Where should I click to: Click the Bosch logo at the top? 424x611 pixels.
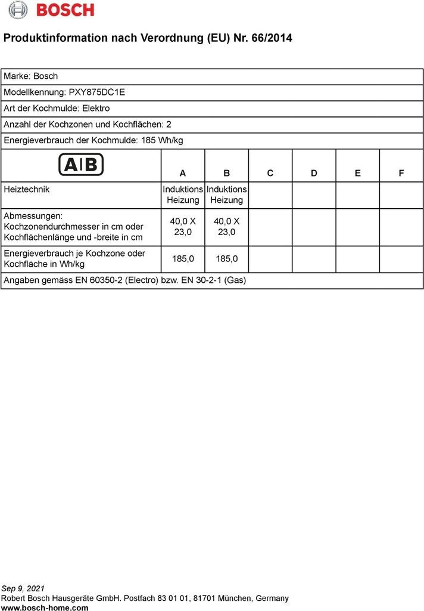[x=51, y=10]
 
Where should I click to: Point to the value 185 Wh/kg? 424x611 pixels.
[x=162, y=141]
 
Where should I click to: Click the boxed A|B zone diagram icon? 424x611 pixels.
[x=81, y=164]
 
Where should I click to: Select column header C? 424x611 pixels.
[x=270, y=173]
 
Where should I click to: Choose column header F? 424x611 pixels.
[x=401, y=173]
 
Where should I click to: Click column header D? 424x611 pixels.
[x=314, y=173]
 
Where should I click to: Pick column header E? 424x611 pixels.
[x=358, y=173]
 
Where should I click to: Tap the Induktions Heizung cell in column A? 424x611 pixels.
[x=183, y=195]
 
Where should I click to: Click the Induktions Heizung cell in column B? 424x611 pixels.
[x=227, y=195]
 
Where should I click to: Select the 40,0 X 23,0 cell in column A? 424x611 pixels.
[x=183, y=226]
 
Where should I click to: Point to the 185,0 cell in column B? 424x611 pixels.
[x=227, y=259]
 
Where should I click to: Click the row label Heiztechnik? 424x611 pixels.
[x=27, y=189]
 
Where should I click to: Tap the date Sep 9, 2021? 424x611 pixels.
[x=23, y=588]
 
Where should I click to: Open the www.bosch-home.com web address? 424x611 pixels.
[x=45, y=607]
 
